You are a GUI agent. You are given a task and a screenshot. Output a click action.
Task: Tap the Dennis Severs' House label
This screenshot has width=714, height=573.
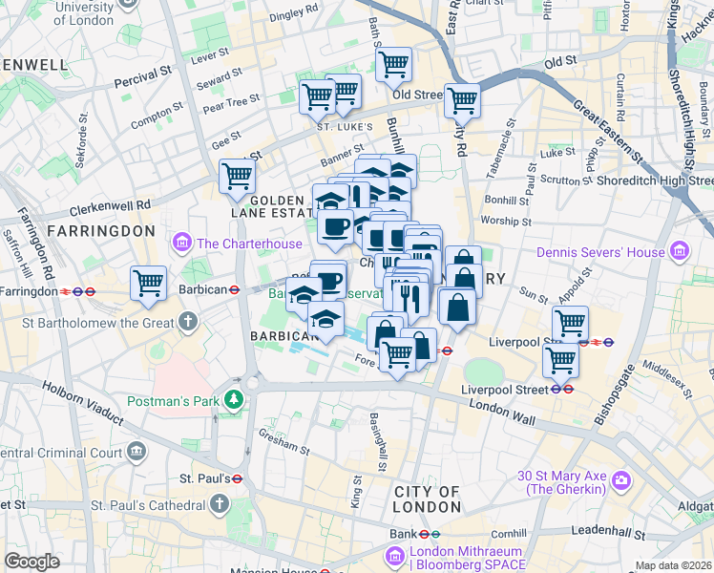coord(598,252)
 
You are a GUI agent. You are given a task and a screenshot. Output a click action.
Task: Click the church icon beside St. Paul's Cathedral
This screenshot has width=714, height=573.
coord(220,502)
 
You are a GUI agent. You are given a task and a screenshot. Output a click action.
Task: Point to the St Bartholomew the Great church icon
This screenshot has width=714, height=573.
coord(189,319)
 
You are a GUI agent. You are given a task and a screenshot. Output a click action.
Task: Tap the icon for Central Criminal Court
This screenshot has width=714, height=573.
coord(137,450)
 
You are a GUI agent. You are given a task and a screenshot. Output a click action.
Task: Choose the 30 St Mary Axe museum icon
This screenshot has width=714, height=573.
coord(620,479)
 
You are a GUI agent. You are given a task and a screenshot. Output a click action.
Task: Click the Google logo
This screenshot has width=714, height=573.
coord(31,562)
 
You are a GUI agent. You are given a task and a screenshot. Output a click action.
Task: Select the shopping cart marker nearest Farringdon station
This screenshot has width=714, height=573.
coord(148,282)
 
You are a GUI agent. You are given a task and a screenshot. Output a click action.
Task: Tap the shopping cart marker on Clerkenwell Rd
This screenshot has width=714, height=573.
coord(237,176)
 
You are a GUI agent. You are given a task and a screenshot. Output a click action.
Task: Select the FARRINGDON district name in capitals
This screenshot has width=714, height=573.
coord(100,231)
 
